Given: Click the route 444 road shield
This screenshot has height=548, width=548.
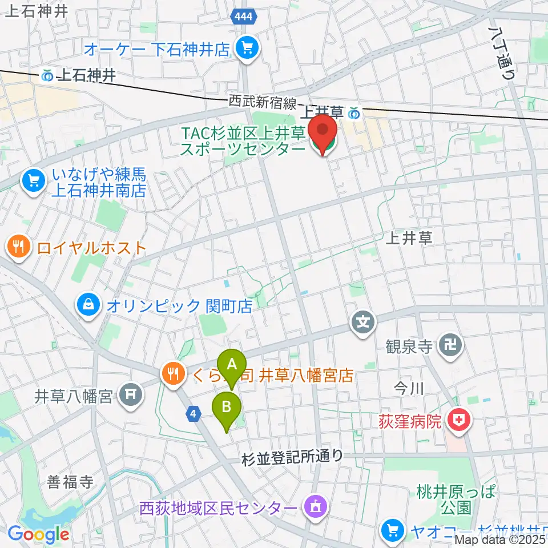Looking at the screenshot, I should (x=244, y=18).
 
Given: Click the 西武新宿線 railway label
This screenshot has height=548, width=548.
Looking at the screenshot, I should (x=263, y=103).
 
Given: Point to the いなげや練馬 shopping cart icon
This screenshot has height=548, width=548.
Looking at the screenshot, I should (x=34, y=182).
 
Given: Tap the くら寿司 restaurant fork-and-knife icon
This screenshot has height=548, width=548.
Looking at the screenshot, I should (x=172, y=374).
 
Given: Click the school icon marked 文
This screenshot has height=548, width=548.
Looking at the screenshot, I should (x=362, y=323).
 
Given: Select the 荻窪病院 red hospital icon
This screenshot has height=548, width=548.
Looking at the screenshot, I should (x=459, y=421).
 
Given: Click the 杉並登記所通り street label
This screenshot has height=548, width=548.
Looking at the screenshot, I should (x=292, y=456).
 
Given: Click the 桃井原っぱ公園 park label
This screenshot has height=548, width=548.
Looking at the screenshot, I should (x=456, y=499).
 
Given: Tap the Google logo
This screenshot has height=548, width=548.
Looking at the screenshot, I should (x=39, y=534).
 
